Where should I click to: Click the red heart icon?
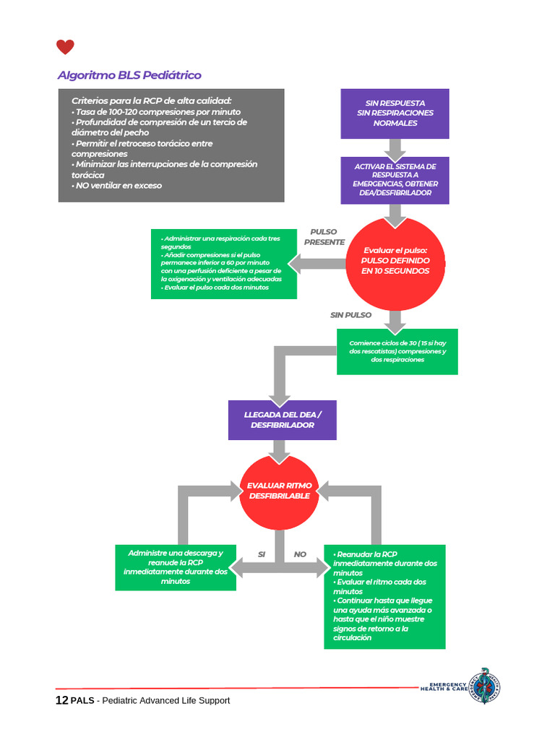(65, 47)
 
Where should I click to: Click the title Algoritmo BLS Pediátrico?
(129, 75)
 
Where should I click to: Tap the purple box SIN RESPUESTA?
(395, 113)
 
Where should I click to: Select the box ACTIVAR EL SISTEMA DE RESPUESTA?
(395, 180)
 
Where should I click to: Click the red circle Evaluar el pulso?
(395, 263)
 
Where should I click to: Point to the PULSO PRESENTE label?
(324, 237)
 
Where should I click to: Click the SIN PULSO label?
(350, 315)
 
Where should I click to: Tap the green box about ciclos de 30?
(397, 352)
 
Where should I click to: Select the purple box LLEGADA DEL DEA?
(283, 420)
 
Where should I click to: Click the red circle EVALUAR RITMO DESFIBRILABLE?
(280, 491)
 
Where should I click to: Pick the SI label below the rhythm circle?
(262, 554)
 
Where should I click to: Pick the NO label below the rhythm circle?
(300, 554)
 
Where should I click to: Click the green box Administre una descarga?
(176, 567)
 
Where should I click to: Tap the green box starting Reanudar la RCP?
(384, 596)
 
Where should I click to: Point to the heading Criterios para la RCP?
(152, 100)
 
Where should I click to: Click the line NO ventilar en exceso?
(116, 186)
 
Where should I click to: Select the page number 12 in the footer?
(62, 700)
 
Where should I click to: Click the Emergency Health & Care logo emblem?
(485, 686)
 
